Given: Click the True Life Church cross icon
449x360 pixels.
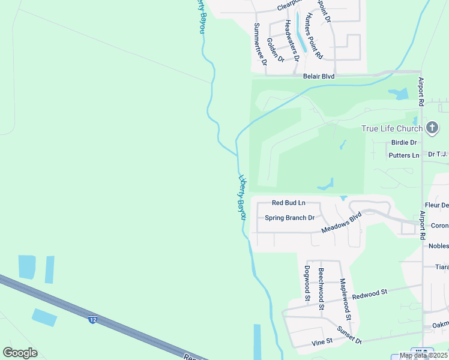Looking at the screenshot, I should pos(432,128).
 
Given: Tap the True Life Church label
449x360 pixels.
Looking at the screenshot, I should pos(392,128).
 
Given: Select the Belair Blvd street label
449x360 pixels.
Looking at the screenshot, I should pos(319,77).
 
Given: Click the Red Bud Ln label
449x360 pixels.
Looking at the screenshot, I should pos(289,203).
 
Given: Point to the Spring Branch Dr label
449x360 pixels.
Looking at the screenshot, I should pos(290,218).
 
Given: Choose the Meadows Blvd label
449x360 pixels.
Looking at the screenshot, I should pos(342,223).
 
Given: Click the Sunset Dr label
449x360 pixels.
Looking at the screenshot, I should pos(349,335).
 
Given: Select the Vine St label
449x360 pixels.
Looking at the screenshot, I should pos(322,342).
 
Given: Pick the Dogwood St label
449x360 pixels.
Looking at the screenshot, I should pos(307,283).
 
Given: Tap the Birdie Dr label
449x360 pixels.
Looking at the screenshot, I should pos(404,143).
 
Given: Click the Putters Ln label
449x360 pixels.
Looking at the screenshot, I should pos(404,155).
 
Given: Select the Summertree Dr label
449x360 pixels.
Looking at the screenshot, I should pos(259,43).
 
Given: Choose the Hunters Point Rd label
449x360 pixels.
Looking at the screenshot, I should pos(314,35).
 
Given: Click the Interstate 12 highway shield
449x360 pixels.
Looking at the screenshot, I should pos(92,320).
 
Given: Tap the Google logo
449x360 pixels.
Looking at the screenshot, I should pos(20,353).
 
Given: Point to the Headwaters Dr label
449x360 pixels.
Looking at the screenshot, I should pos(291,33).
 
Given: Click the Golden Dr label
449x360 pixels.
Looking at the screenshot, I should pos(275,49).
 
